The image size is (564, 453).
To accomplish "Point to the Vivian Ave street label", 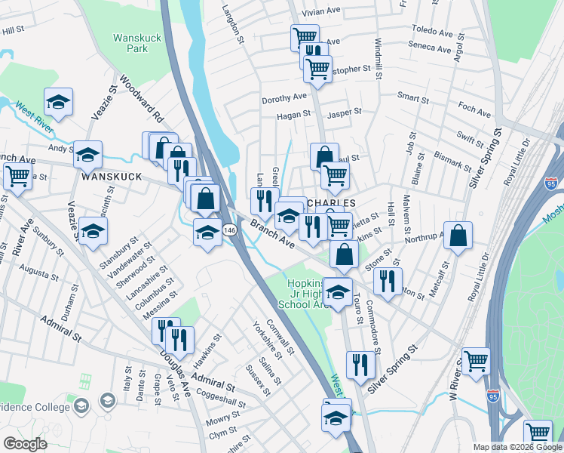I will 322,13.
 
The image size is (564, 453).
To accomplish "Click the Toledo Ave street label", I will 433,32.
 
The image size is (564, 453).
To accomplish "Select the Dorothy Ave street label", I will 284,97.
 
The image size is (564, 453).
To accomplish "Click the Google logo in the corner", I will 25,443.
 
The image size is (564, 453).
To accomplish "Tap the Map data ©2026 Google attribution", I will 517,447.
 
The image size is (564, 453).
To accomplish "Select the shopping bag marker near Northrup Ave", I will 458,236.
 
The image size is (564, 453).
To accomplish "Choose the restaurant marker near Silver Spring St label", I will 362,366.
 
